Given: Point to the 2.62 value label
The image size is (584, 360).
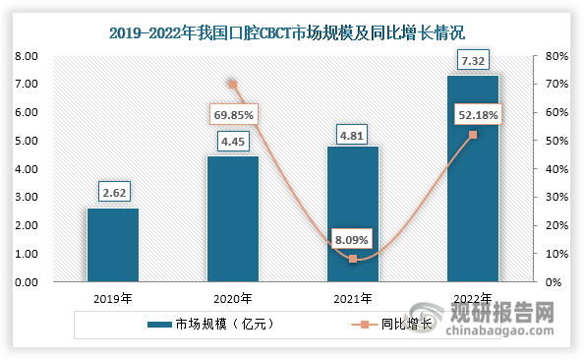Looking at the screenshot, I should click(x=112, y=193).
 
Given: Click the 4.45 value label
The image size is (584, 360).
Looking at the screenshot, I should click(x=232, y=141).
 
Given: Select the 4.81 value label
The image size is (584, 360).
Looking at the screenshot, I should click(x=352, y=131).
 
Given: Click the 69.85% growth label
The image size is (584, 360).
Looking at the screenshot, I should click(x=233, y=115).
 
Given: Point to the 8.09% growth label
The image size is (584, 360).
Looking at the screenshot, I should click(x=352, y=236).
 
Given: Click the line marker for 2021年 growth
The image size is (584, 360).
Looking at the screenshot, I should click(x=352, y=259).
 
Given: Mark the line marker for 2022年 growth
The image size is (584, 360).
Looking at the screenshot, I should click(x=472, y=135).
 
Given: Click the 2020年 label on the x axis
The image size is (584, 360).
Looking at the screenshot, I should click(x=232, y=298).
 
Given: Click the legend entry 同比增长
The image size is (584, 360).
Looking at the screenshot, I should click(x=387, y=324).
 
